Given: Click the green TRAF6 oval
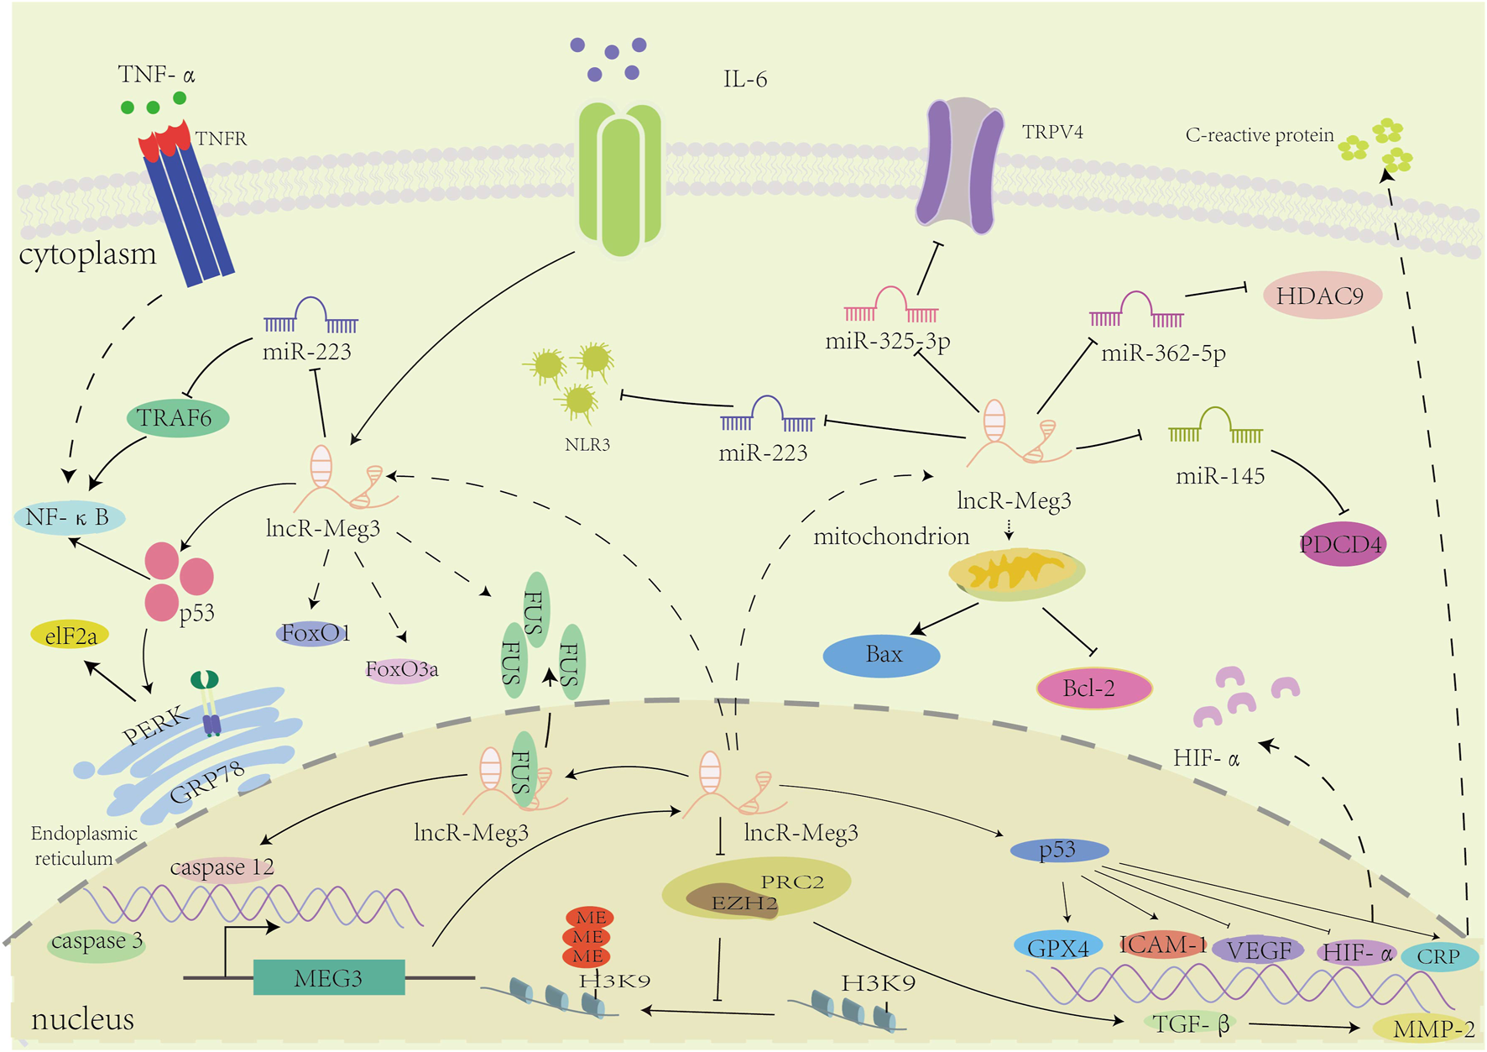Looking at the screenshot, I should tap(177, 417).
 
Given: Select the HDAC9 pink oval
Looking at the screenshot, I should tap(1321, 296).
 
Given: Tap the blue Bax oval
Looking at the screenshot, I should tap(881, 655).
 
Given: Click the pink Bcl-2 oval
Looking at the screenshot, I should tap(1093, 688).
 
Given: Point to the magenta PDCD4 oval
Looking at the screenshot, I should tap(1341, 544).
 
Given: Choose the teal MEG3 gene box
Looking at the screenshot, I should tap(329, 978).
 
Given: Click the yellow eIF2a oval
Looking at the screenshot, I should tap(70, 636).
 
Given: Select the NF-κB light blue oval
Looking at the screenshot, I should tap(69, 517).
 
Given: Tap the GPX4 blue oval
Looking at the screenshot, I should tap(1057, 948).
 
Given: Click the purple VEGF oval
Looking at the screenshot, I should tap(1258, 950).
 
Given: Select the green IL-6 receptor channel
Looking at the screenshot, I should tap(620, 179).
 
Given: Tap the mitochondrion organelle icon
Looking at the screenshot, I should tap(1016, 573).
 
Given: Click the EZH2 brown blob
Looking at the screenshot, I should tap(730, 901).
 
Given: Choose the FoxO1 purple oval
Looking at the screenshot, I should tap(313, 633).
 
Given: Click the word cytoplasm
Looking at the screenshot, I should tap(87, 254).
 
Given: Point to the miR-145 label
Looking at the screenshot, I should tap(1219, 476).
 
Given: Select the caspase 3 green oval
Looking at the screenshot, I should tap(96, 942).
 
